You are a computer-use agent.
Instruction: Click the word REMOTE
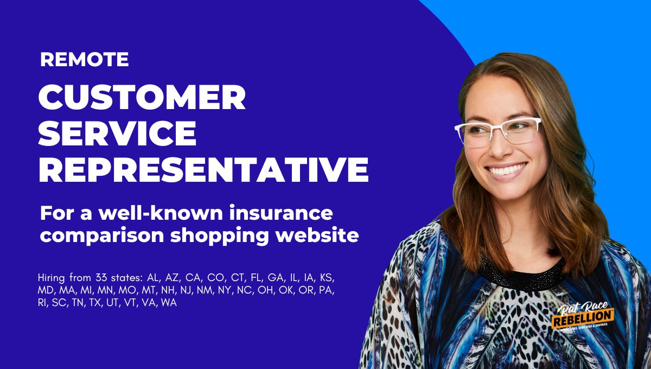click(x=85, y=59)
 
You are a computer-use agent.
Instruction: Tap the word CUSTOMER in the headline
click(x=142, y=99)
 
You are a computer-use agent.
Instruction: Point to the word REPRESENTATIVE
click(x=203, y=169)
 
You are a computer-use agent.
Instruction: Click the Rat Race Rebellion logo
click(x=583, y=317)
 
